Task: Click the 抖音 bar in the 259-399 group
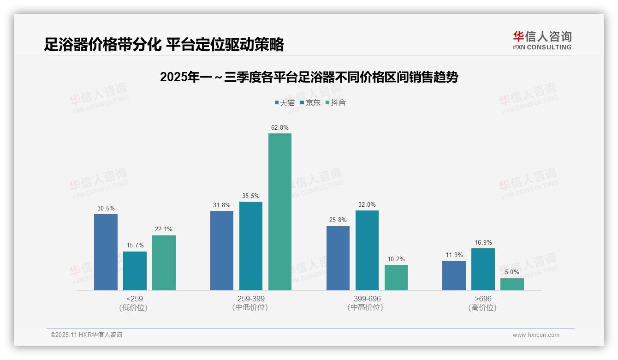280,212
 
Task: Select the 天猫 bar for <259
106,252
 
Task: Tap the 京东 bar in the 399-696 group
367,250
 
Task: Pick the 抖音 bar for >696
512,284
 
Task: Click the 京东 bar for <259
135,271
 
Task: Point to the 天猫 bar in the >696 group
454,276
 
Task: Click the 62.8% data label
280,128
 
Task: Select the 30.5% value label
106,209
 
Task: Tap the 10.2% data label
396,259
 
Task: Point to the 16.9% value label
483,243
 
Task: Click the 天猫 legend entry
285,103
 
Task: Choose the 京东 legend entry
310,103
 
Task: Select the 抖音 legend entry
335,103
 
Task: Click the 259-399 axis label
251,299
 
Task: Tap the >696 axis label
483,299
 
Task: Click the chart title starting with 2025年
309,77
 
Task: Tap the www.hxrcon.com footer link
536,335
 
